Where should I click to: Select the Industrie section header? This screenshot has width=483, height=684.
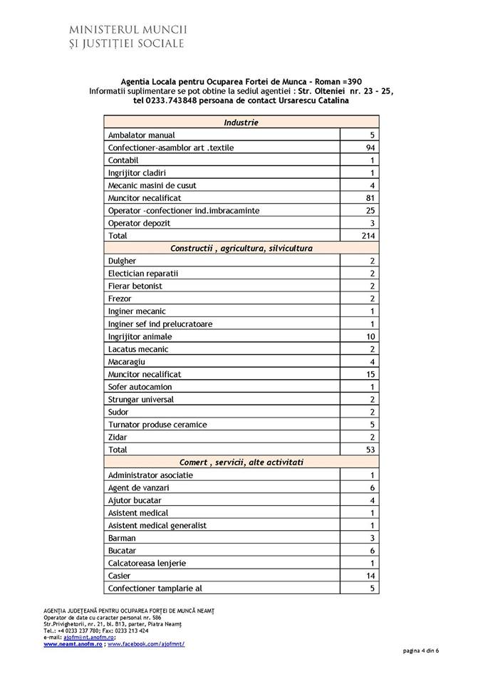[241, 123]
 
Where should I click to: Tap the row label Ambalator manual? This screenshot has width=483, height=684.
[141, 135]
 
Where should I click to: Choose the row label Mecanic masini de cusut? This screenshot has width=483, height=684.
[152, 185]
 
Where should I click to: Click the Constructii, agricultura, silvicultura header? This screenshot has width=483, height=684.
[241, 248]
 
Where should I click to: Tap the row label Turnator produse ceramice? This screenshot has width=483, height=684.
[157, 425]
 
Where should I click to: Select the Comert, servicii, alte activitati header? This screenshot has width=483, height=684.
[241, 462]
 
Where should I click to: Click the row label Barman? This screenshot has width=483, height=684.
[122, 538]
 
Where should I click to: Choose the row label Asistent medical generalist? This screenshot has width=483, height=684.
[157, 526]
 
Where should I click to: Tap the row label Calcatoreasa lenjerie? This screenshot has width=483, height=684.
[147, 564]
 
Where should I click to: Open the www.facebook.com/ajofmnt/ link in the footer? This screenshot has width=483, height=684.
[146, 643]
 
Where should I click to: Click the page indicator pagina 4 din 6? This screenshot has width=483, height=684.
[420, 651]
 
